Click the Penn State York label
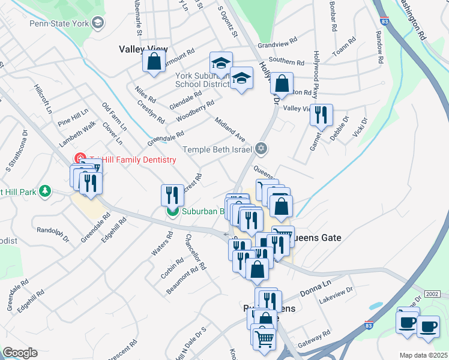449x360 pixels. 58,23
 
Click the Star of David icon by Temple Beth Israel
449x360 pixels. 261,148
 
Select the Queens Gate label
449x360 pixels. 317,238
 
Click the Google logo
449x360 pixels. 20,353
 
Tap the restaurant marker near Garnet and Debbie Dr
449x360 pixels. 321,115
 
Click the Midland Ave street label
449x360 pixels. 231,130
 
